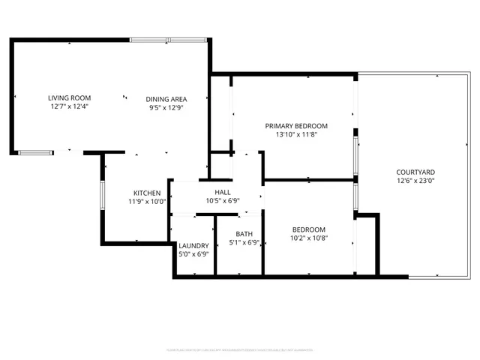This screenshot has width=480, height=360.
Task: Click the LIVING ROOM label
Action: tap(69, 98)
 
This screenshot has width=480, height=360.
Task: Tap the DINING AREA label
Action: tap(166, 98)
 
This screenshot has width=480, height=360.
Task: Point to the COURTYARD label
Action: tap(414, 172)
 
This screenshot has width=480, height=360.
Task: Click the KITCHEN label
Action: tap(147, 193)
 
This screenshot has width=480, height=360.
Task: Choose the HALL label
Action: tap(223, 192)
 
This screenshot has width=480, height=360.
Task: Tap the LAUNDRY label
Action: tap(193, 245)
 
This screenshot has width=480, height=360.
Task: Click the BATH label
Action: tap(244, 233)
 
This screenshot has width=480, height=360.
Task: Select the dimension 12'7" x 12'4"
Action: tap(69, 107)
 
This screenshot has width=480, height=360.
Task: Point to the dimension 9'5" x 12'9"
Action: tap(166, 107)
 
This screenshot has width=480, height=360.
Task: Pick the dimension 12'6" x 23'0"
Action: tap(414, 181)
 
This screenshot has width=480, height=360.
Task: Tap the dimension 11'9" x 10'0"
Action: tap(147, 202)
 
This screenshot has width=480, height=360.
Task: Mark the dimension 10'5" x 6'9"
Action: tap(223, 201)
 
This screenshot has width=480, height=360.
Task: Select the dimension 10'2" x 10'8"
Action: tap(308, 238)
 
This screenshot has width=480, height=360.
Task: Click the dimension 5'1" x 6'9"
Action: tap(244, 242)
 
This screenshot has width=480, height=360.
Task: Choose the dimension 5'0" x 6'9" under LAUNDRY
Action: tap(193, 254)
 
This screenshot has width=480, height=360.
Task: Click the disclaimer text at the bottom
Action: tap(239, 350)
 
